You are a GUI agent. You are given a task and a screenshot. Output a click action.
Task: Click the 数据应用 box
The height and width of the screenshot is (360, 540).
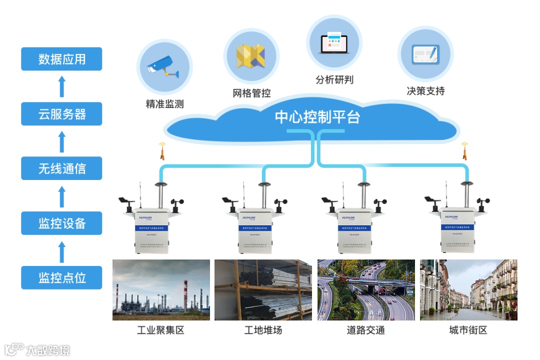click(x=61, y=59)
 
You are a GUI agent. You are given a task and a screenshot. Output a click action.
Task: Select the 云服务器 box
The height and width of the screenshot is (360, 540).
click(x=61, y=114)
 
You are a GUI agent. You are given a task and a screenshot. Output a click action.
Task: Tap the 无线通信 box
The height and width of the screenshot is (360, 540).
click(x=61, y=168)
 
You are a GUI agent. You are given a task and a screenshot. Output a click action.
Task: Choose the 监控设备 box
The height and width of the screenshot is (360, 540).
click(x=61, y=223)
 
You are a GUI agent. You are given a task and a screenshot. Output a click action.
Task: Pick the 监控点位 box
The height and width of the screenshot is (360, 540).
click(x=61, y=277)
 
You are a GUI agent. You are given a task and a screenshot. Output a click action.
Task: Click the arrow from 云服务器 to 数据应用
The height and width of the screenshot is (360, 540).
click(x=61, y=86)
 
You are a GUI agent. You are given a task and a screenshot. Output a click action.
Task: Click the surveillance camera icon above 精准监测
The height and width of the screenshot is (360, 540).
click(x=163, y=67)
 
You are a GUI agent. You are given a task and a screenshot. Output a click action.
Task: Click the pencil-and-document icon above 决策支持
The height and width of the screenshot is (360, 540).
click(x=425, y=53)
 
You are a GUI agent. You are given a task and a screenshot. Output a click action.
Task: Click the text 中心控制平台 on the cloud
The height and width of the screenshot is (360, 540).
click(x=317, y=117)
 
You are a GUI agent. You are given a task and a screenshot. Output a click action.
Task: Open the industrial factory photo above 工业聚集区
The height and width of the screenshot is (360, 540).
click(x=161, y=290)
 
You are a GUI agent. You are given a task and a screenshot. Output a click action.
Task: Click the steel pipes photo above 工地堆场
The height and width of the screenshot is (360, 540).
click(x=263, y=290)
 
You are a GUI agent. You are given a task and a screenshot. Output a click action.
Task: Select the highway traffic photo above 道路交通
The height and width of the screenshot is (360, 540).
click(x=366, y=290)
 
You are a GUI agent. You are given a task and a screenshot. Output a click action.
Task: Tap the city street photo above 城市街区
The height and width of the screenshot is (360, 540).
click(x=468, y=290)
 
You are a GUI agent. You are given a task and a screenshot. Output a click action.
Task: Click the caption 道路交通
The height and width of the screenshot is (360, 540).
click(x=366, y=330)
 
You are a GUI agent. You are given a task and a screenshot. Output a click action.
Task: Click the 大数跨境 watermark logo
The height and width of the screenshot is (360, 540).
click(x=37, y=349)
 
